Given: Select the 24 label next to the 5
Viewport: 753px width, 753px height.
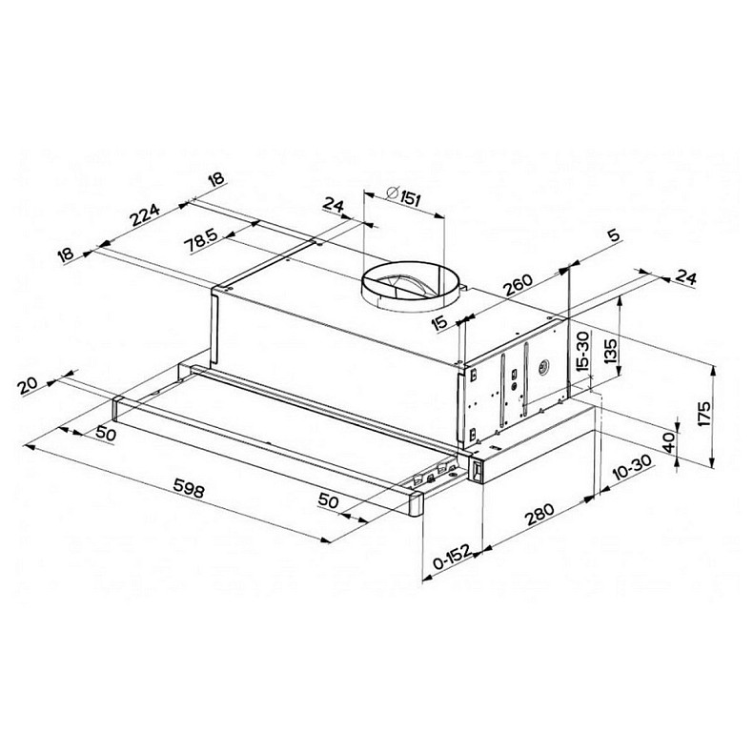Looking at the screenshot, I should (684, 277).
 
